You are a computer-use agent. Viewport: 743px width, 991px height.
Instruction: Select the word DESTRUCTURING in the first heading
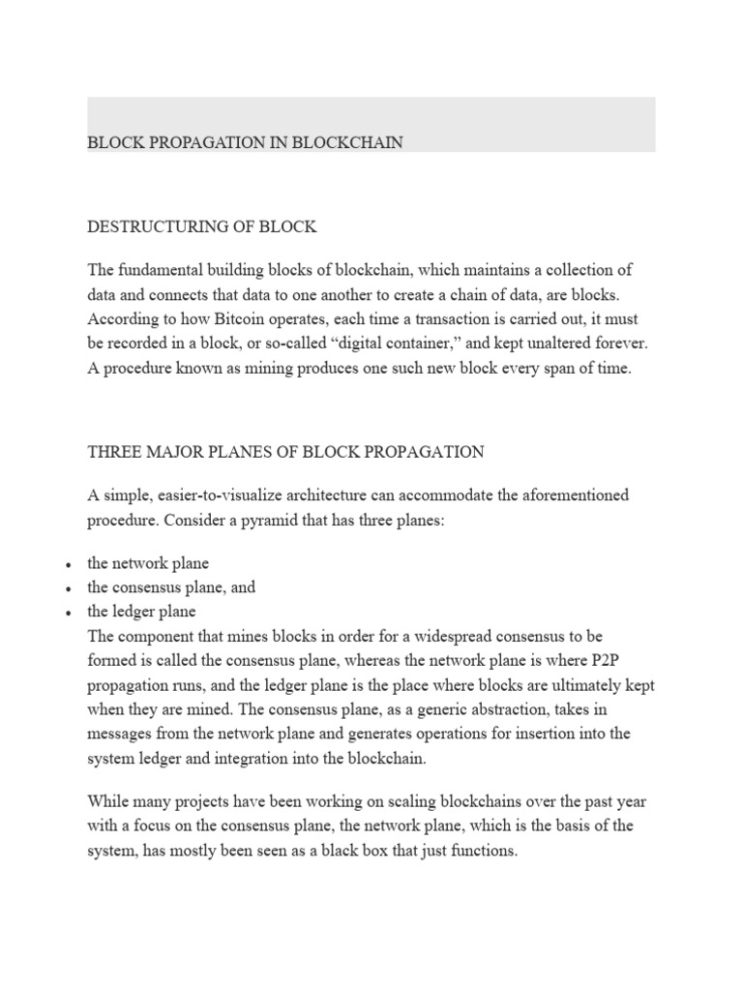click(146, 227)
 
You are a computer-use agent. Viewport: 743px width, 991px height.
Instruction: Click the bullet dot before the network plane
click(69, 564)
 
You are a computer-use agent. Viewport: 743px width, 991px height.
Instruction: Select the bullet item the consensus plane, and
click(171, 587)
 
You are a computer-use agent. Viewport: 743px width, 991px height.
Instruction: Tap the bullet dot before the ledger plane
click(69, 613)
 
